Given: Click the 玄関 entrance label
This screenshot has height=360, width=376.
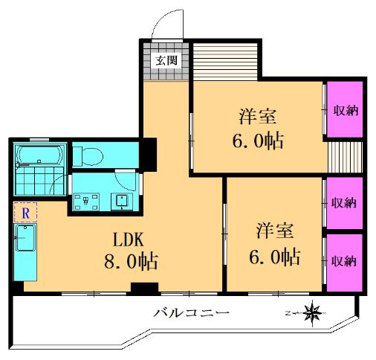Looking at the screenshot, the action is [x=166, y=61].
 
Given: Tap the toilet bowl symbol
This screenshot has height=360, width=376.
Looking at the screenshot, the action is [x=88, y=156].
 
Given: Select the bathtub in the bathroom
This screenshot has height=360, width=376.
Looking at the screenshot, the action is [x=39, y=154].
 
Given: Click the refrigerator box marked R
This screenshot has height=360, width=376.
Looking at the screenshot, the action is [x=25, y=213].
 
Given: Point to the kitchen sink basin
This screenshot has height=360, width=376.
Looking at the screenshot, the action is [x=25, y=238].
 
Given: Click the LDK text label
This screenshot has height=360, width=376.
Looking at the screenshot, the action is [x=128, y=240].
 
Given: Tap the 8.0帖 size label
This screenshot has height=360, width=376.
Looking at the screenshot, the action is [x=131, y=262].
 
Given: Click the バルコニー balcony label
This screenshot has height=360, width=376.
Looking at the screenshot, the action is [x=191, y=313].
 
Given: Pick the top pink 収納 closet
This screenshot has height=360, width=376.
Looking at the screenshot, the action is [x=345, y=109].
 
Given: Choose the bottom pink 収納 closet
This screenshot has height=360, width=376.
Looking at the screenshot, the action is [x=345, y=263].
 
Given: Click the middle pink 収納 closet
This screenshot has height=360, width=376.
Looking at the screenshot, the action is [x=345, y=203].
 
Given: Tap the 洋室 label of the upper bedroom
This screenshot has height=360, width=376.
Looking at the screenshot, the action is [x=258, y=117].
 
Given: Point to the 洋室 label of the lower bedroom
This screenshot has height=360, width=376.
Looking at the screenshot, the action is [x=275, y=231].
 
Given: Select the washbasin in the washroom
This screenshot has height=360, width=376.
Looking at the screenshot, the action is [x=122, y=201].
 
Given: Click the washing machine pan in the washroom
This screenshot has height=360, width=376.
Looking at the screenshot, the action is [x=86, y=202].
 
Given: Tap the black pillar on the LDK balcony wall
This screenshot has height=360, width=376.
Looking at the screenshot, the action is [x=144, y=289].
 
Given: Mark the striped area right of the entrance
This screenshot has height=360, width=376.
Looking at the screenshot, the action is [x=225, y=62].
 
